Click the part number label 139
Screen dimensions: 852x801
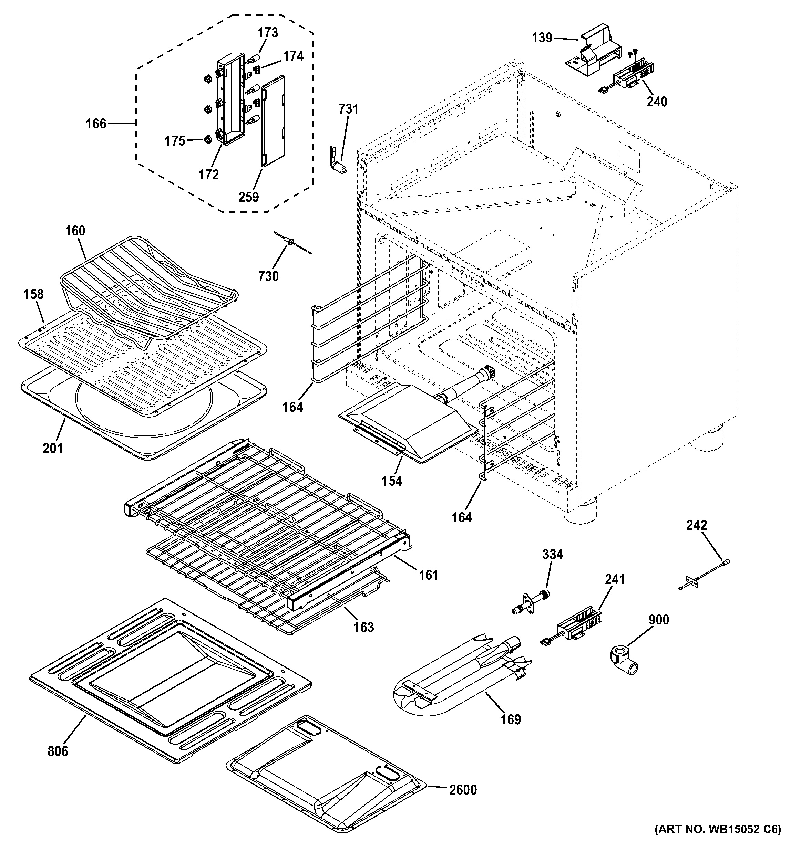click(542, 38)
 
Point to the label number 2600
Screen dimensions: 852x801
click(463, 789)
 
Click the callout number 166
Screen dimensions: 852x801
click(96, 124)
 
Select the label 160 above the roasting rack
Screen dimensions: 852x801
click(75, 231)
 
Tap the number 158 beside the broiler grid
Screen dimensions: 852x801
click(33, 294)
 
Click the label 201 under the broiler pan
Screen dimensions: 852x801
click(53, 448)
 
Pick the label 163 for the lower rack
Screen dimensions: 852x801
click(363, 627)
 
